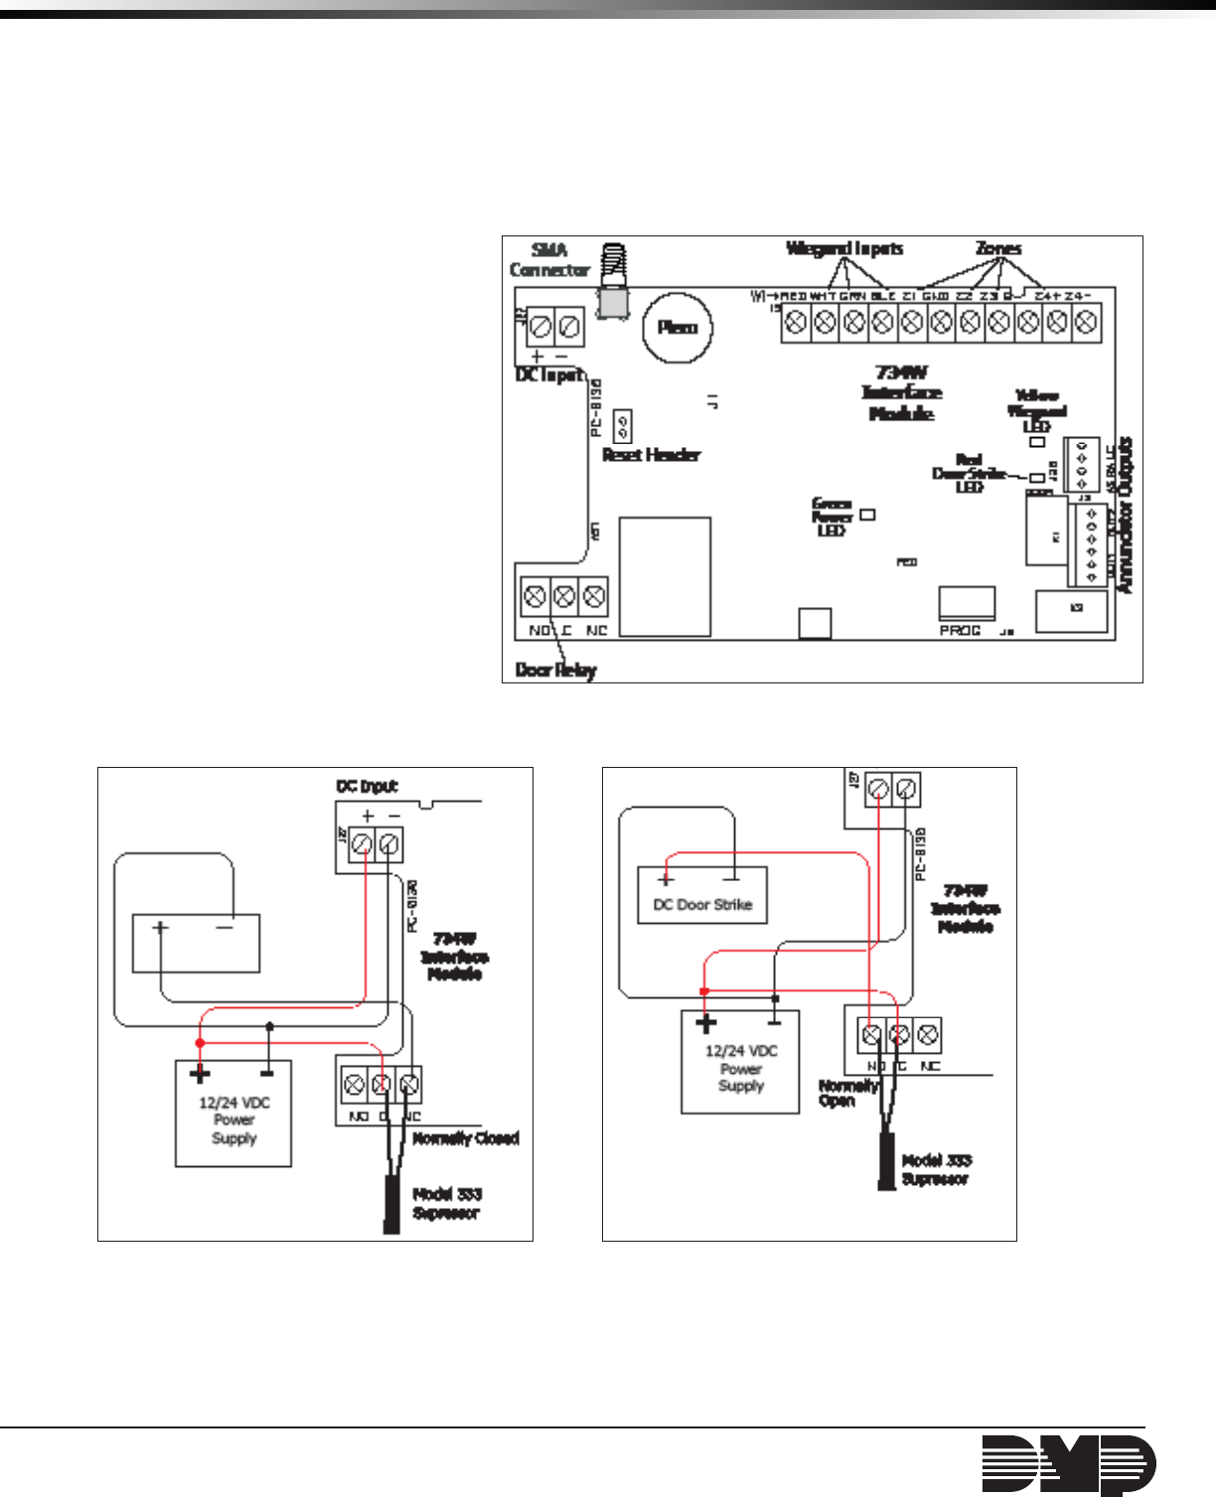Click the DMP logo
pyautogui.click(x=1069, y=1464)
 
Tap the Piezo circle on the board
pyautogui.click(x=678, y=327)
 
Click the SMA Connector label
pyautogui.click(x=548, y=260)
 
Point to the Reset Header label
pyautogui.click(x=652, y=455)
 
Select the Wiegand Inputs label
pyautogui.click(x=844, y=248)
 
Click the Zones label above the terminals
pyautogui.click(x=998, y=248)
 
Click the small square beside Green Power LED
pyautogui.click(x=867, y=515)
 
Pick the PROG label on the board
pyautogui.click(x=960, y=631)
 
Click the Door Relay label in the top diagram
pyautogui.click(x=555, y=671)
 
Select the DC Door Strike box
pyautogui.click(x=702, y=895)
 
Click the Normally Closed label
pyautogui.click(x=466, y=1138)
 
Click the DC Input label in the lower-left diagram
pyautogui.click(x=367, y=787)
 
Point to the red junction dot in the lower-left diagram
pyautogui.click(x=200, y=1042)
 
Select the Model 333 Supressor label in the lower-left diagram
pyautogui.click(x=446, y=1204)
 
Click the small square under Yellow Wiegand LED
pyautogui.click(x=1037, y=441)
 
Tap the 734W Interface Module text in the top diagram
pyautogui.click(x=901, y=392)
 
